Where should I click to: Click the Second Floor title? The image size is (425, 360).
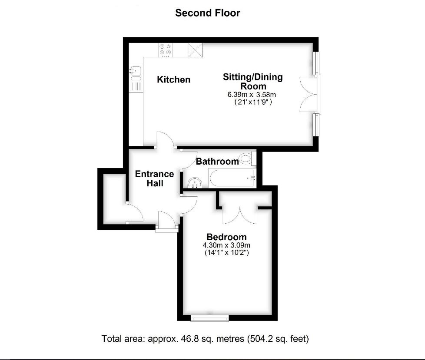207,13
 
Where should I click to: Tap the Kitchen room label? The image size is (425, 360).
173,80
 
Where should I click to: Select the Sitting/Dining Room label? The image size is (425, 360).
252,82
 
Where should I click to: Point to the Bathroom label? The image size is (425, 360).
217,162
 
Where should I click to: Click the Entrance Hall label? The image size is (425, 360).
154,178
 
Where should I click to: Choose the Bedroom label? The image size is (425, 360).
226,237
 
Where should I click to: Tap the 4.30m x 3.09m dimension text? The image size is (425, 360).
226,245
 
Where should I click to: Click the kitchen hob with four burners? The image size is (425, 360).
166,50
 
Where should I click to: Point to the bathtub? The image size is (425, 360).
232,178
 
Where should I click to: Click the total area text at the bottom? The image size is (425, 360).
205,338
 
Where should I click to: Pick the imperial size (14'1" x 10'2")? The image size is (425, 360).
226,252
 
